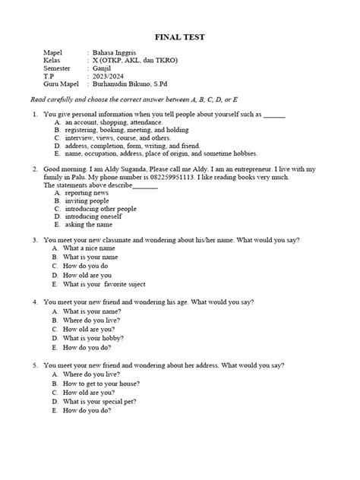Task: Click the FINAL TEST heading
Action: click(x=179, y=37)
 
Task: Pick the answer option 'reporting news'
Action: click(x=87, y=194)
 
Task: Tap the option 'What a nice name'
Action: click(x=88, y=248)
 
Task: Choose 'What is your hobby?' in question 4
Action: click(x=93, y=338)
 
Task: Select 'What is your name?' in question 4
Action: click(x=90, y=311)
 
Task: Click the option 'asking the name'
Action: click(x=88, y=226)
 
